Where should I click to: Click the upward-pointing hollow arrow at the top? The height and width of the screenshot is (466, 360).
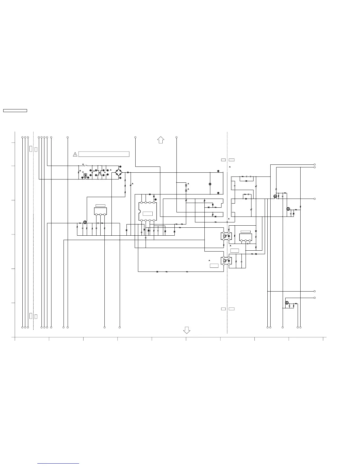pos(161,140)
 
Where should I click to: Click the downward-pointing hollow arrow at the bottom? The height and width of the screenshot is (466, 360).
pos(186,330)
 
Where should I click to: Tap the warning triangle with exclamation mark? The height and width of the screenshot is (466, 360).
pos(75,154)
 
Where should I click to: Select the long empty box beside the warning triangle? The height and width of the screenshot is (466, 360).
pos(104,154)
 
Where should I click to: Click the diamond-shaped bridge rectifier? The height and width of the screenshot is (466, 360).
pos(119,172)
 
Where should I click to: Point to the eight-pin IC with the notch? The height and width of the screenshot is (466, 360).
pos(148,211)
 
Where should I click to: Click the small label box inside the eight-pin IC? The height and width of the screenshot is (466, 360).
pos(148,214)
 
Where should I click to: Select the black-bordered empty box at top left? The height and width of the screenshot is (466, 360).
pos(15,111)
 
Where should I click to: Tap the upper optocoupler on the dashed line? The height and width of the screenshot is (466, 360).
pos(226,236)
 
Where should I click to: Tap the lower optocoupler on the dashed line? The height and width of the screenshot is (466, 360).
pos(226,261)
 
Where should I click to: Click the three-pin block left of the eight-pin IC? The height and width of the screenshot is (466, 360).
pos(100,211)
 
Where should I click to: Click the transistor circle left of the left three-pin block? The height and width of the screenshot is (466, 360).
pos(85,222)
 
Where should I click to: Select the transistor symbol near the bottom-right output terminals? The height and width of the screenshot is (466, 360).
pos(287,303)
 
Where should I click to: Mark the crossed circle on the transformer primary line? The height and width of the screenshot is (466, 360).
pos(210,184)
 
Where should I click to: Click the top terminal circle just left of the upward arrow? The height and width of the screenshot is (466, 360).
pos(135,137)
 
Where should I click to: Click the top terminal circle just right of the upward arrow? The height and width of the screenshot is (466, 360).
pos(176,137)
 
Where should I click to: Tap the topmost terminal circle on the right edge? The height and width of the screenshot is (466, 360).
pos(314,164)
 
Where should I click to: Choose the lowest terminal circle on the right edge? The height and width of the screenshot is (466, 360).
pos(314,298)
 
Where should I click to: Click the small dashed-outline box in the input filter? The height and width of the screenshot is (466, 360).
pos(85,175)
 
